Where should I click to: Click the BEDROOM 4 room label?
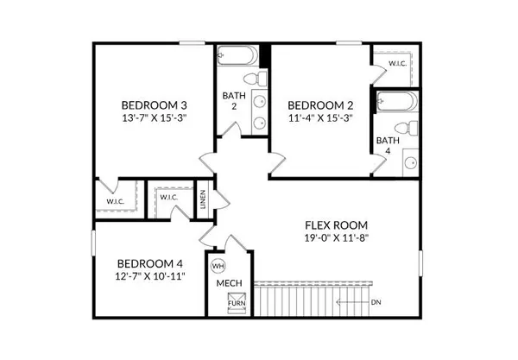(150, 263)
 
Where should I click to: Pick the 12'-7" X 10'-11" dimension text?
(150, 277)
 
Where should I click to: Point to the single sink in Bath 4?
(411, 161)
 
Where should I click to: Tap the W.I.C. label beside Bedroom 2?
(398, 63)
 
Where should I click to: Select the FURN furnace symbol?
(235, 304)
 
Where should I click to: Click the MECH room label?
(228, 284)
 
